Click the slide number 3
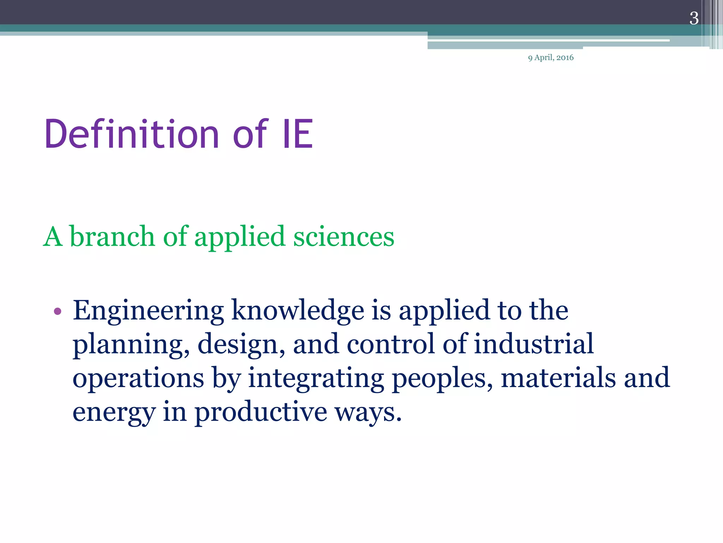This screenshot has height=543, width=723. pos(694,18)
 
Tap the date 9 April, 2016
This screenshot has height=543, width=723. pos(551,58)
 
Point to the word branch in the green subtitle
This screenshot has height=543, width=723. pos(112,236)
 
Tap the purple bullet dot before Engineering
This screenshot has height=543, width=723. pos(58,311)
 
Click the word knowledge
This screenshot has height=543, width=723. pos(298,310)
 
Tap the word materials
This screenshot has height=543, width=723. pos(558,378)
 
